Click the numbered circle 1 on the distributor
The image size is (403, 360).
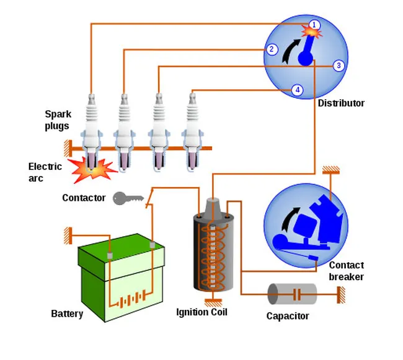pyautogui.click(x=314, y=25)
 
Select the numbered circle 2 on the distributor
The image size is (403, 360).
pyautogui.click(x=272, y=50)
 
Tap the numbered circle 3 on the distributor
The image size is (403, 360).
pyautogui.click(x=338, y=66)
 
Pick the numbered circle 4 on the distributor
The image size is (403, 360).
pyautogui.click(x=298, y=90)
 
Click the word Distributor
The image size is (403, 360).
pyautogui.click(x=341, y=103)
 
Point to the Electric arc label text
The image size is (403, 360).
pyautogui.click(x=45, y=172)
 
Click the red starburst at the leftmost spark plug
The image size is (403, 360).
pyautogui.click(x=91, y=169)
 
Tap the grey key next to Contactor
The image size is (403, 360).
pyautogui.click(x=128, y=198)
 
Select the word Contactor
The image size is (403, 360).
pyautogui.click(x=84, y=198)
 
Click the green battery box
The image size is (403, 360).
pyautogui.click(x=121, y=279)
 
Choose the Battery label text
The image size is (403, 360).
pyautogui.click(x=67, y=314)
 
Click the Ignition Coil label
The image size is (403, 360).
pyautogui.click(x=201, y=312)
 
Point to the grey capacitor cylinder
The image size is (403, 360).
pyautogui.click(x=291, y=294)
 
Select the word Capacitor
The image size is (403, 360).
pyautogui.click(x=288, y=317)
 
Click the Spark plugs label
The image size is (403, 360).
pyautogui.click(x=57, y=120)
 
